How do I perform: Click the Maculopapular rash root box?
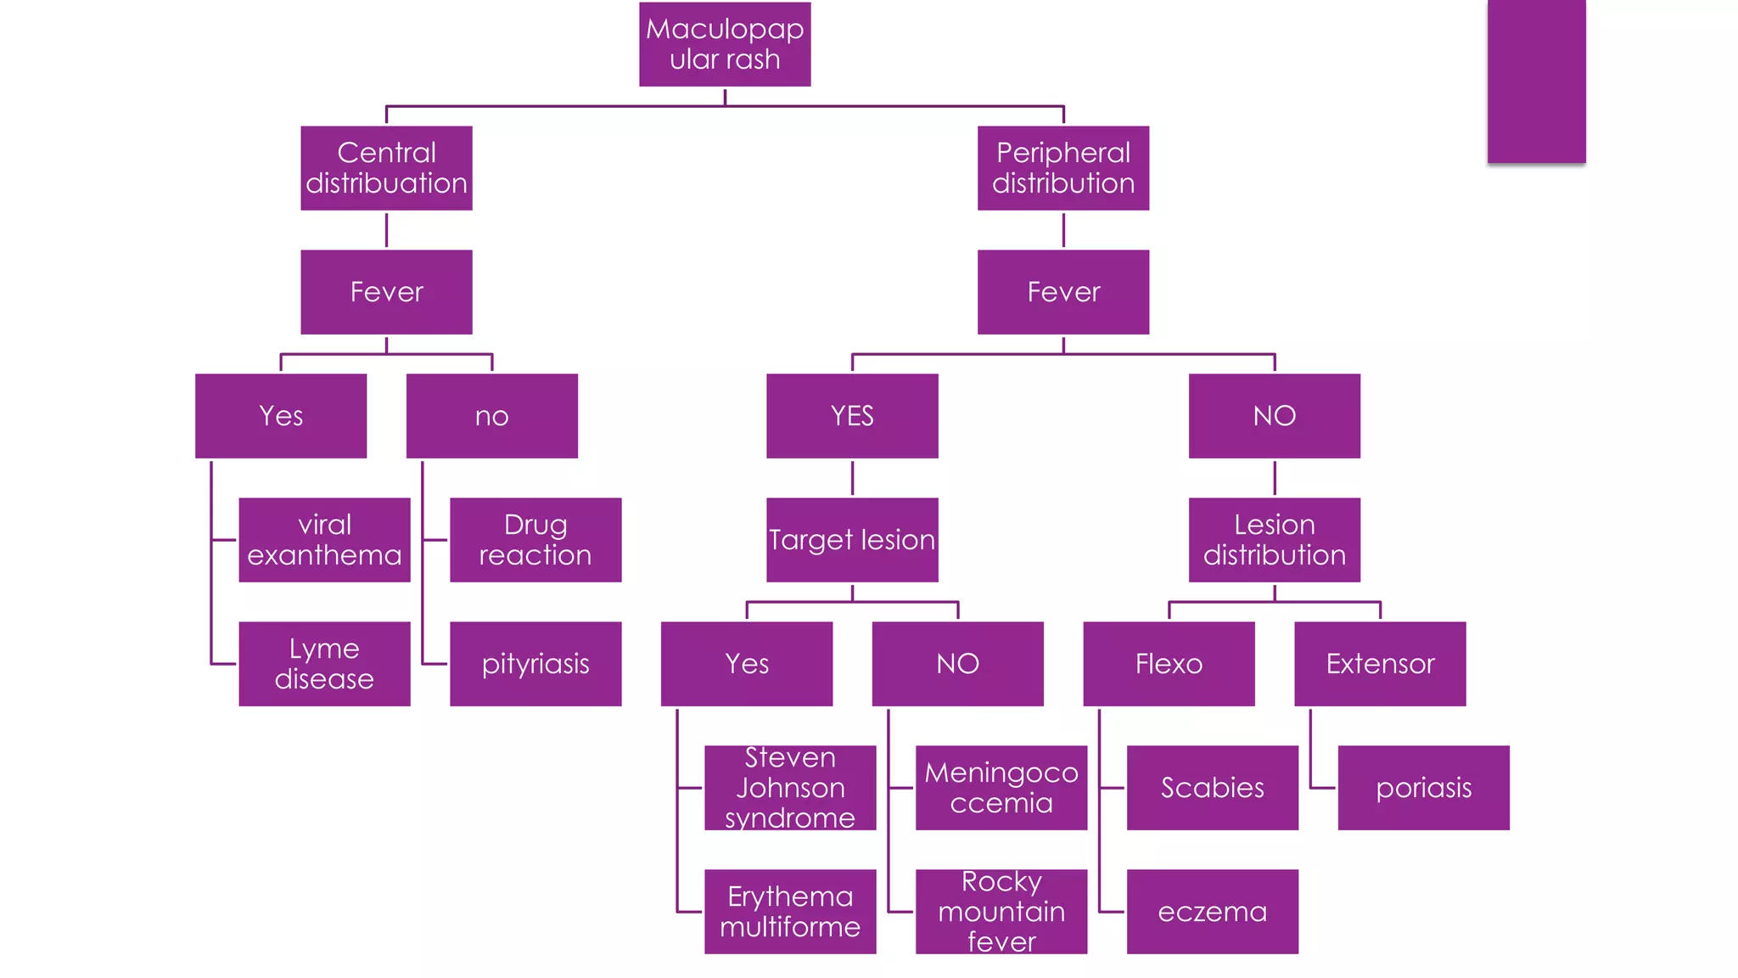point(725,44)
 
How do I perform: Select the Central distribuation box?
point(386,168)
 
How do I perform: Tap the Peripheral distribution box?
point(1062,168)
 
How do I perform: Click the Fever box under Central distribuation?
point(386,292)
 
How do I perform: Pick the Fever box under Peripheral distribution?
point(1062,292)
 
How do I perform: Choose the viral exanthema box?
point(324,540)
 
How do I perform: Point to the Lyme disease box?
point(324,664)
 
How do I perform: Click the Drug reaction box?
point(535,540)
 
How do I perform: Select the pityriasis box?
point(535,664)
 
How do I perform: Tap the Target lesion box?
point(852,540)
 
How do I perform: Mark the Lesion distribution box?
point(1274,540)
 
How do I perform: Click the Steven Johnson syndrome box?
point(790,788)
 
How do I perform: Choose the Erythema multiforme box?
point(790,912)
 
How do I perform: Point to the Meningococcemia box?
point(1001,788)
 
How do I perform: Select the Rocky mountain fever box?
point(1001,912)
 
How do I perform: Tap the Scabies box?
point(1212,788)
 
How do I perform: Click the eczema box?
point(1212,912)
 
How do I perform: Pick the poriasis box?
point(1423,788)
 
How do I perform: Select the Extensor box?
point(1380,664)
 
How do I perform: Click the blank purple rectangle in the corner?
point(1536,81)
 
